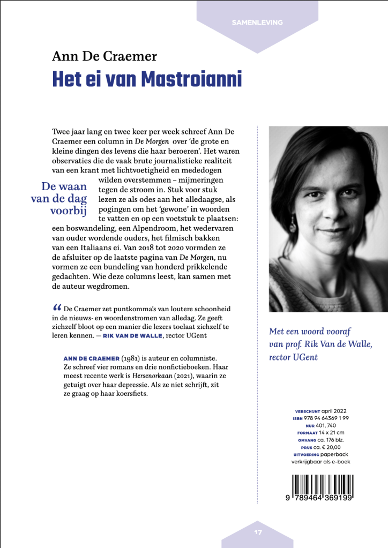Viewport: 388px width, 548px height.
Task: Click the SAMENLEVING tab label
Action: pos(257,22)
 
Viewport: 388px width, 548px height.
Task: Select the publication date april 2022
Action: pos(333,411)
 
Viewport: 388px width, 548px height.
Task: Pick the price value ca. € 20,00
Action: pos(327,447)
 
